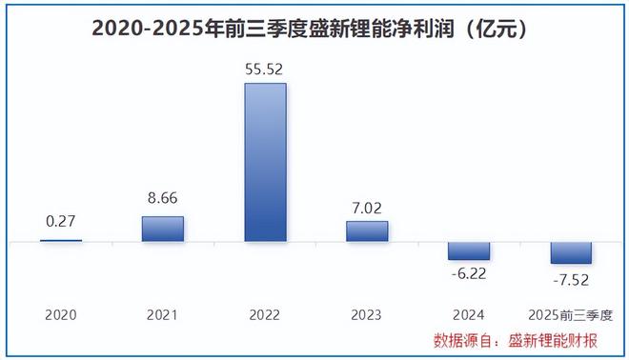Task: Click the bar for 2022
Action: pos(265,162)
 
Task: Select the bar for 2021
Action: pos(162,229)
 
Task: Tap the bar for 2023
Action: pos(367,231)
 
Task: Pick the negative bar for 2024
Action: pos(469,250)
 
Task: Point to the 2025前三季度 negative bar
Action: pos(571,252)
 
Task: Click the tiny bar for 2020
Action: pos(60,241)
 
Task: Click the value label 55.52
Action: pos(265,70)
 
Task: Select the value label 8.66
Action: pos(162,200)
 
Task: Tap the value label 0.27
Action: pos(60,222)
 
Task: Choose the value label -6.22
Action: pos(469,273)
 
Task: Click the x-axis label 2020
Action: pos(60,313)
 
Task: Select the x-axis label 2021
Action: pos(162,313)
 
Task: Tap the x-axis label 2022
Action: pos(265,313)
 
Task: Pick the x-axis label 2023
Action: pos(367,313)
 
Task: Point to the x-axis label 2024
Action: pos(469,313)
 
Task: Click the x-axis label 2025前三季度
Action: pos(571,313)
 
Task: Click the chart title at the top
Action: pos(310,29)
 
